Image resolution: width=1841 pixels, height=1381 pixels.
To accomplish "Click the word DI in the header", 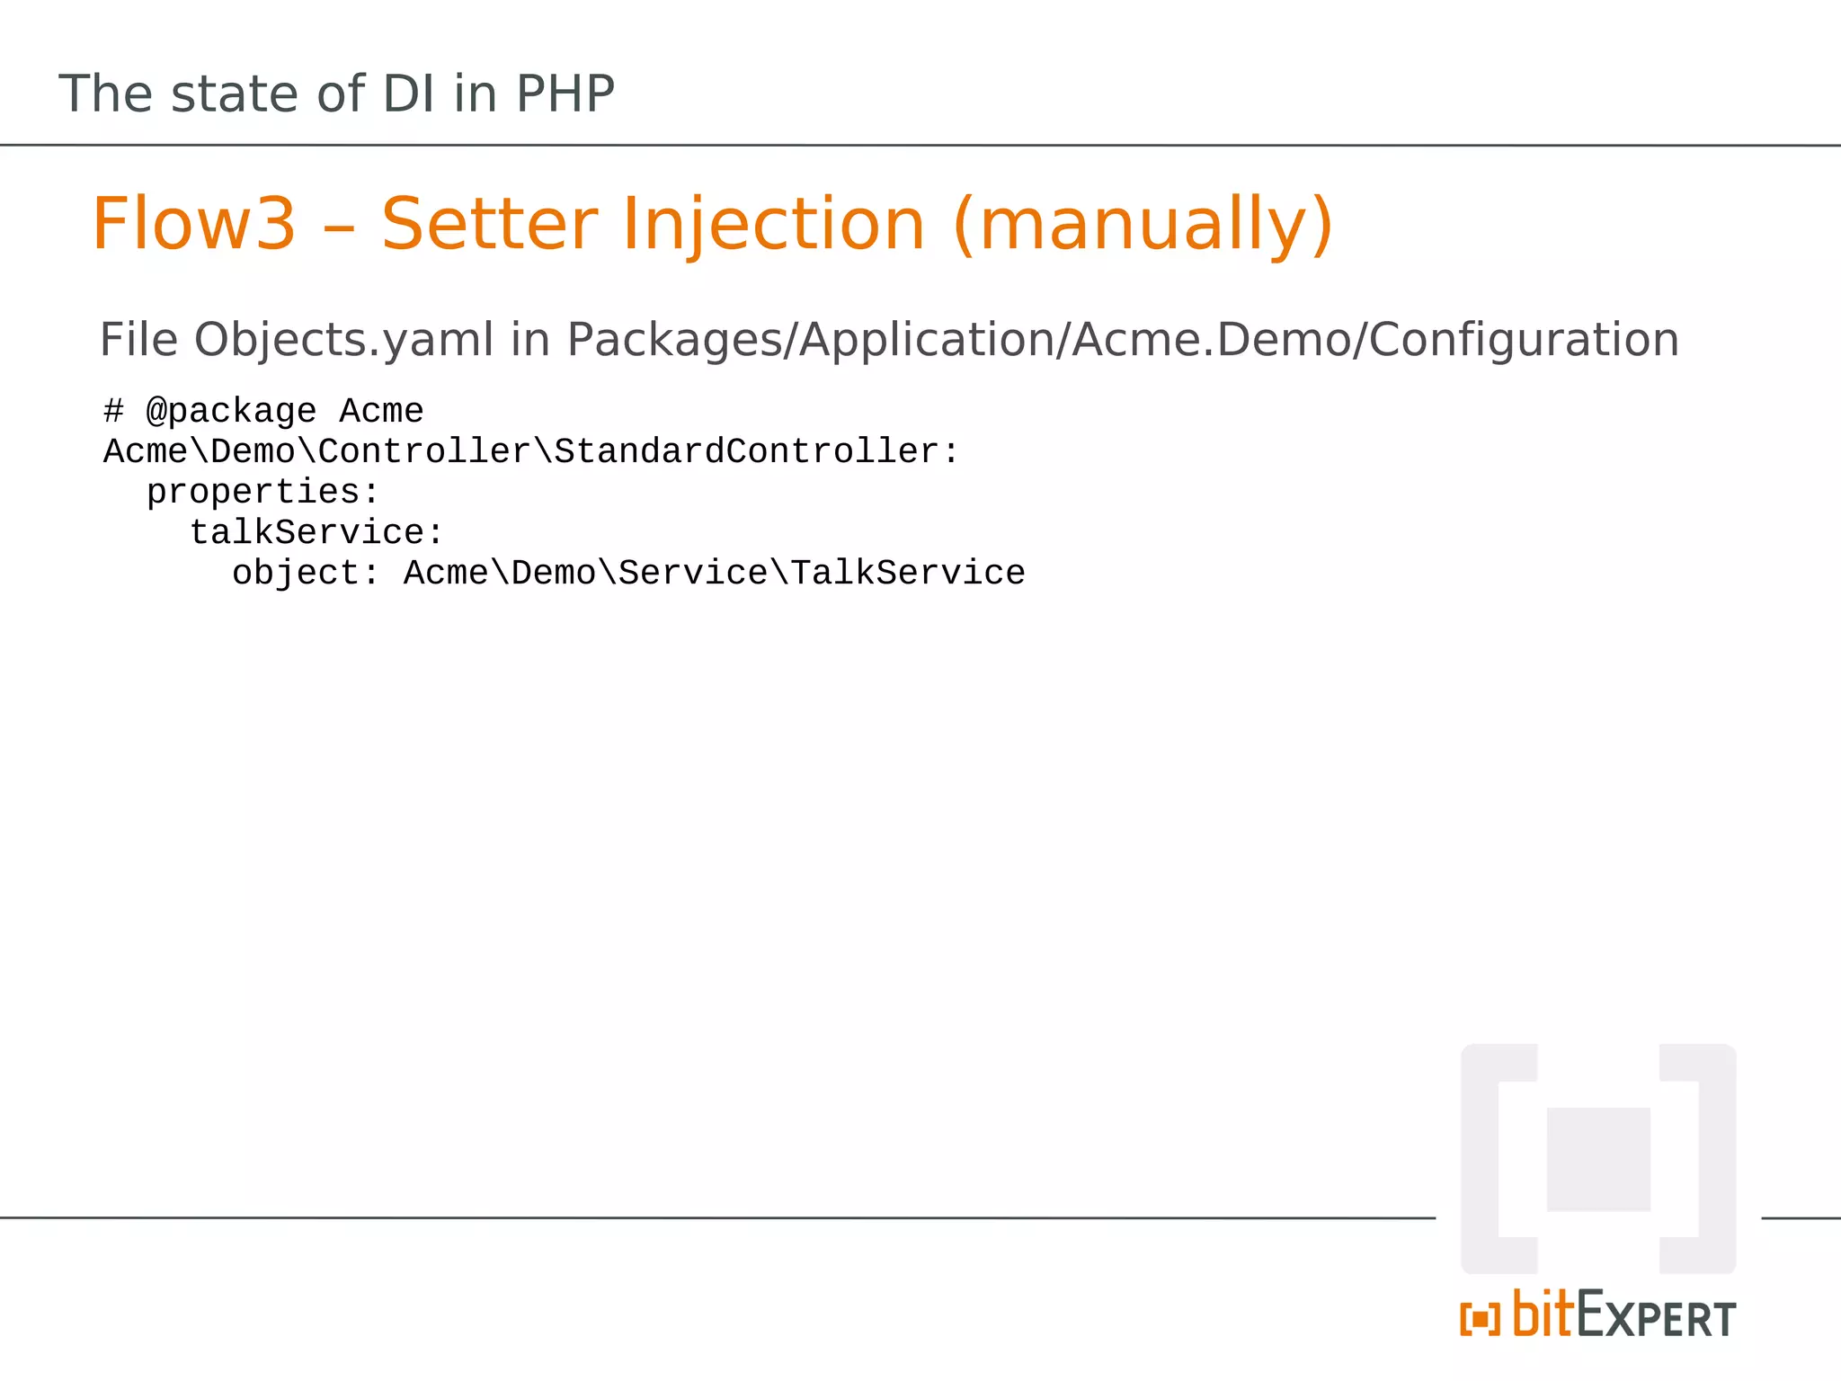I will coord(409,94).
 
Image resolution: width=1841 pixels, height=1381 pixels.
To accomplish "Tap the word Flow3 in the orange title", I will coord(193,224).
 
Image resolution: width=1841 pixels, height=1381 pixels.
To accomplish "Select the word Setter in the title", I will coord(490,224).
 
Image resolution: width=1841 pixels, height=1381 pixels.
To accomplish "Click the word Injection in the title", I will coord(773,224).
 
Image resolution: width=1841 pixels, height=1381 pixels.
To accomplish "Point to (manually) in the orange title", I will coord(1143,224).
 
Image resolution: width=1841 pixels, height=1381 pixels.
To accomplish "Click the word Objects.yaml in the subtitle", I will coord(343,341).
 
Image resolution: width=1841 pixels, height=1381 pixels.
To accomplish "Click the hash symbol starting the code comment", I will coord(113,412).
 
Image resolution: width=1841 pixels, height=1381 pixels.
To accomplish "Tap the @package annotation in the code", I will coord(231,412).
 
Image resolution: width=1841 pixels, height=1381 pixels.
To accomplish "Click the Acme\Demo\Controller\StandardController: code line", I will coord(531,451).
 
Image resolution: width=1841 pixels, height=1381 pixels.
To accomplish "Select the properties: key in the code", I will coord(262,492).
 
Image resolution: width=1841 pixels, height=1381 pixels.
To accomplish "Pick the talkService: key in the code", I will coord(316,532).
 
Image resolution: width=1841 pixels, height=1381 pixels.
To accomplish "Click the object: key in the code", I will coord(306,573).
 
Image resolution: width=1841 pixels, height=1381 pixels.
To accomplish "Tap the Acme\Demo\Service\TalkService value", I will coord(714,573).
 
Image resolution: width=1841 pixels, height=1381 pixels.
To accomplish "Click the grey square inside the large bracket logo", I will coord(1598,1159).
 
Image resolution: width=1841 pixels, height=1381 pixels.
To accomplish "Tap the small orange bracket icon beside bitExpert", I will coord(1480,1319).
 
